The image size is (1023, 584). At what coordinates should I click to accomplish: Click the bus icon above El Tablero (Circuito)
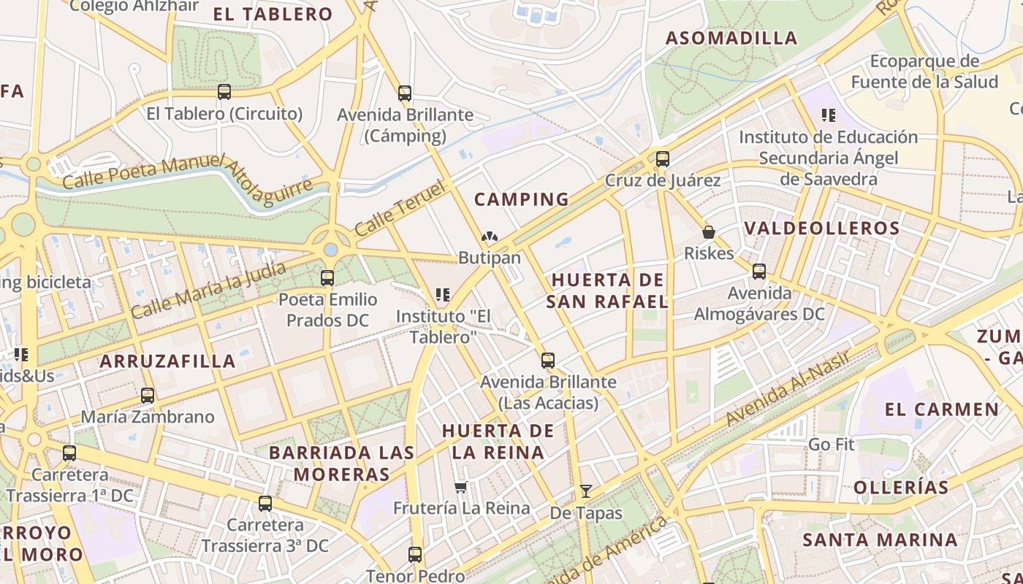tap(224, 92)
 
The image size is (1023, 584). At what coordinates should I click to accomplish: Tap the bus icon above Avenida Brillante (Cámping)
tap(405, 93)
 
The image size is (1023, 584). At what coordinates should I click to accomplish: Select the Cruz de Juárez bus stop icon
tap(663, 159)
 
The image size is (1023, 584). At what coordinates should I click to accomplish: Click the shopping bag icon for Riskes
tap(708, 232)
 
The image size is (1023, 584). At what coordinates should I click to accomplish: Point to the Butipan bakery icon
tap(489, 237)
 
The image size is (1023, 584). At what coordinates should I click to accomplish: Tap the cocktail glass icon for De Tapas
tap(585, 491)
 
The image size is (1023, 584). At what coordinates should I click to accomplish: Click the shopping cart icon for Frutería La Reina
tap(460, 487)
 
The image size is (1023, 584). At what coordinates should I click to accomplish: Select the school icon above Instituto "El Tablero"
tap(442, 294)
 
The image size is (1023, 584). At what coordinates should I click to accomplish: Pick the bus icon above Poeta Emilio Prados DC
tap(327, 278)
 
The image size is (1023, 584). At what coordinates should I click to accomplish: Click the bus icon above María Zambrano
tap(148, 396)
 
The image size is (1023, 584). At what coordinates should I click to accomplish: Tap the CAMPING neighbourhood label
tap(521, 199)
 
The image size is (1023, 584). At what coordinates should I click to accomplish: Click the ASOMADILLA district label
tap(731, 38)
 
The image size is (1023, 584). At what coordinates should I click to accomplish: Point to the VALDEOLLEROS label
tap(822, 228)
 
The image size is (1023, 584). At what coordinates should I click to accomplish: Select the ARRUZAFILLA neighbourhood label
tap(167, 361)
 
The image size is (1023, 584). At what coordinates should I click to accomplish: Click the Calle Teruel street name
tap(400, 210)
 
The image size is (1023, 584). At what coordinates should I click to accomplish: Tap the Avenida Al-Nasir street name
tap(788, 388)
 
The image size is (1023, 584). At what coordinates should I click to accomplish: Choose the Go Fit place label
tap(831, 445)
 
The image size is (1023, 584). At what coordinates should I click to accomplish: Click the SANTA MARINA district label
tap(880, 540)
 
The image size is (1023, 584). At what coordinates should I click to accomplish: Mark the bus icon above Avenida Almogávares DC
tap(759, 272)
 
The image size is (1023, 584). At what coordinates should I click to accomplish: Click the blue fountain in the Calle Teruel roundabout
tap(331, 250)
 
